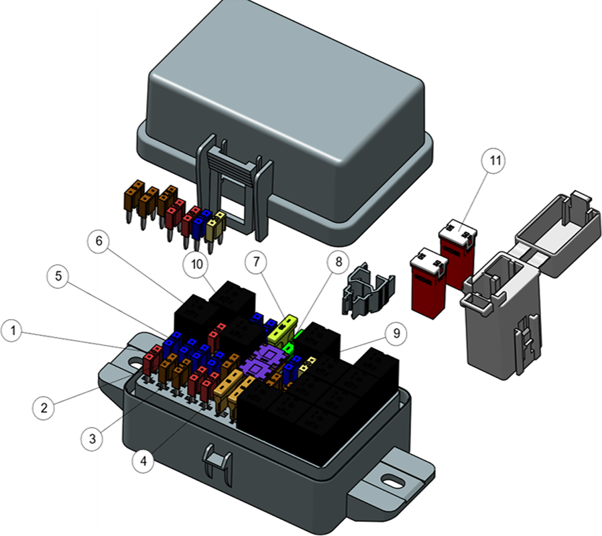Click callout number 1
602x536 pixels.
(13, 330)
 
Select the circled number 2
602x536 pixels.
(44, 407)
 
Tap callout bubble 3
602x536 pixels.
(93, 438)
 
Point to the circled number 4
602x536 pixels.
(143, 460)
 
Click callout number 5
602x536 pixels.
(58, 275)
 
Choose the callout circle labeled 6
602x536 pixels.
(99, 241)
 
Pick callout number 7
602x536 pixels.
(257, 262)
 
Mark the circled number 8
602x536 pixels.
(339, 262)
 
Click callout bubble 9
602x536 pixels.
(396, 333)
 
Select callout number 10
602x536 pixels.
(196, 264)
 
